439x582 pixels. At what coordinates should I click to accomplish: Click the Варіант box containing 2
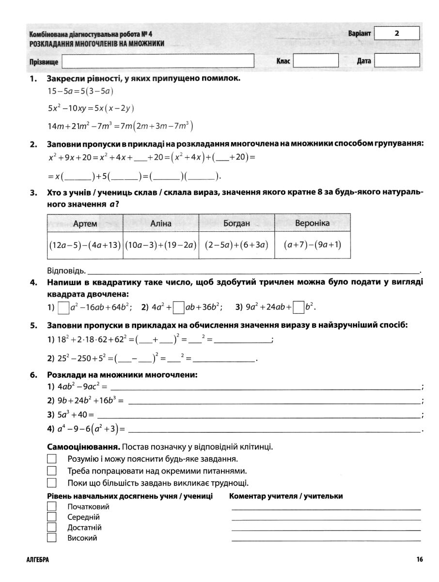(397, 33)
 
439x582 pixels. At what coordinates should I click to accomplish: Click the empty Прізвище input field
(158, 61)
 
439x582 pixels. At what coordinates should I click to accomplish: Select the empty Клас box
(315, 61)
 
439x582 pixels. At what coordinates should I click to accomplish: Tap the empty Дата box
(397, 61)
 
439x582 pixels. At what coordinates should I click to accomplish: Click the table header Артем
(85, 224)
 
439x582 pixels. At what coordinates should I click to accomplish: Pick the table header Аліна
(161, 224)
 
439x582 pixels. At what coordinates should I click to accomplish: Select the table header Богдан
(236, 224)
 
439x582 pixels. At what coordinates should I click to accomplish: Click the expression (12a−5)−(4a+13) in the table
(85, 245)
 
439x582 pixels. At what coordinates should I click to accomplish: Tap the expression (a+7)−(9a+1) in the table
(313, 244)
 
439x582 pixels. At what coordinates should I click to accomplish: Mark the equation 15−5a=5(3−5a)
(80, 91)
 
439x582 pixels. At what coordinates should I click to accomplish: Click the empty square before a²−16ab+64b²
(63, 307)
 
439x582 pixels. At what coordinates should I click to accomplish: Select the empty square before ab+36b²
(179, 307)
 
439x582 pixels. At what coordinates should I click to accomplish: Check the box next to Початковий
(52, 506)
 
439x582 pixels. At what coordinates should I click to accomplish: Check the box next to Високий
(52, 538)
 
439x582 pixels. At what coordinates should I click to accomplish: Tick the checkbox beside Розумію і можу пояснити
(52, 459)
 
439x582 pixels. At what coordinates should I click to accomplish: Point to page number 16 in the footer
(419, 560)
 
